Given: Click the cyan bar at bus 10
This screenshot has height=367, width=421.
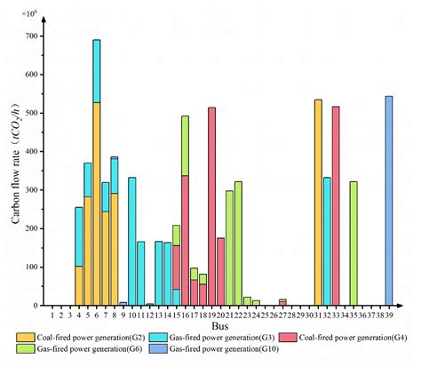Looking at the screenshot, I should (132, 241).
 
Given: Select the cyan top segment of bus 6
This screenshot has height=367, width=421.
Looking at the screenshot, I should (97, 71).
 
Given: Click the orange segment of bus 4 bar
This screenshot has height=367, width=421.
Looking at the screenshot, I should (79, 285).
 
